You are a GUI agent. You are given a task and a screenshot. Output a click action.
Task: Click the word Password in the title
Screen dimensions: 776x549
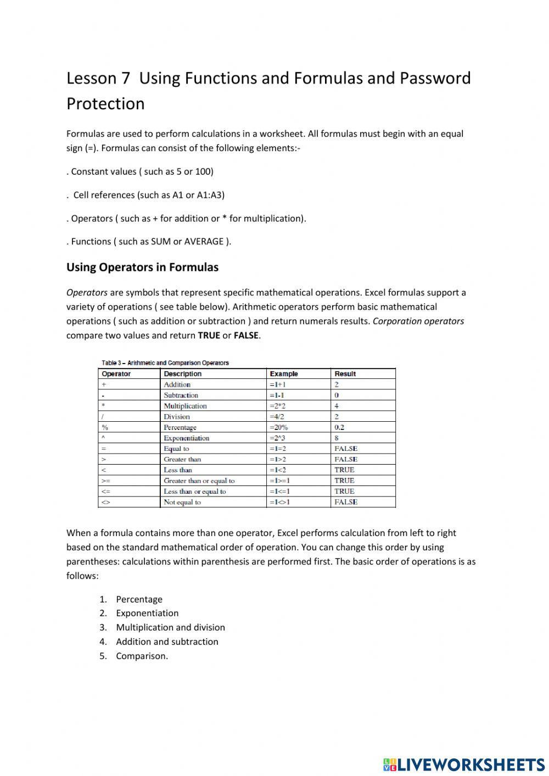(x=435, y=79)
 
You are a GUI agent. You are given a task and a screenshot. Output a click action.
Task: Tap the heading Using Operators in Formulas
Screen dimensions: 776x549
(x=142, y=267)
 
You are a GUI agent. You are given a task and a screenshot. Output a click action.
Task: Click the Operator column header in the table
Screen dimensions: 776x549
(x=116, y=374)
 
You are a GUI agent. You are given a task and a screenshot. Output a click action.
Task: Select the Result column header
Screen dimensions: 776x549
(x=345, y=374)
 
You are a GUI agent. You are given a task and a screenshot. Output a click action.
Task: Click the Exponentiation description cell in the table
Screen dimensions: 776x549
(x=186, y=438)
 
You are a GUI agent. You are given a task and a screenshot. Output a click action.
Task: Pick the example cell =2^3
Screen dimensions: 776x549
(x=278, y=438)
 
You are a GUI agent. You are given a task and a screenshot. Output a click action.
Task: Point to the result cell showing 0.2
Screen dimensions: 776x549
(x=339, y=427)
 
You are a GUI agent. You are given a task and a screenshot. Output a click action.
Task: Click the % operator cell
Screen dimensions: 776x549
(x=105, y=427)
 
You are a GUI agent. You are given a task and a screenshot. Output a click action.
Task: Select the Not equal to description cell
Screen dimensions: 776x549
(x=182, y=502)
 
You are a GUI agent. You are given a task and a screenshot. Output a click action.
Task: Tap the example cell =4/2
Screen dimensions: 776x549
(x=277, y=417)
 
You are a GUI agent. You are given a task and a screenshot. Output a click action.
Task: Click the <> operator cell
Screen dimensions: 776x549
(x=106, y=502)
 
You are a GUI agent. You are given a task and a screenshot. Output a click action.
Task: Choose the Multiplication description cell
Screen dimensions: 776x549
(x=185, y=406)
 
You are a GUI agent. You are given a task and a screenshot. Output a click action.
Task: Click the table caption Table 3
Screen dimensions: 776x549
(x=165, y=363)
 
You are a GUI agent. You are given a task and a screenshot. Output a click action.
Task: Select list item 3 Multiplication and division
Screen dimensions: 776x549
(x=170, y=627)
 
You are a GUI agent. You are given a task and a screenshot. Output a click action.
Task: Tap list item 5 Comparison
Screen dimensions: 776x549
(x=142, y=656)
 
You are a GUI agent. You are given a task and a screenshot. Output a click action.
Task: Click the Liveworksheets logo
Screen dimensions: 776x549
(x=464, y=764)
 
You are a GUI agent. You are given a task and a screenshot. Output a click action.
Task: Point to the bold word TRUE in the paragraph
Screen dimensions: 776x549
(x=209, y=336)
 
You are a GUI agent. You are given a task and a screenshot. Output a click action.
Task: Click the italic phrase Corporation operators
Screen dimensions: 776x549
(x=418, y=321)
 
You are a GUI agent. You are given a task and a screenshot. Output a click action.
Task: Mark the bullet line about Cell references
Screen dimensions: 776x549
(x=148, y=195)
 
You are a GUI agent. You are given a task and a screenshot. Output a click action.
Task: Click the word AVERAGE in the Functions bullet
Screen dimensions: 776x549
(x=204, y=242)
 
